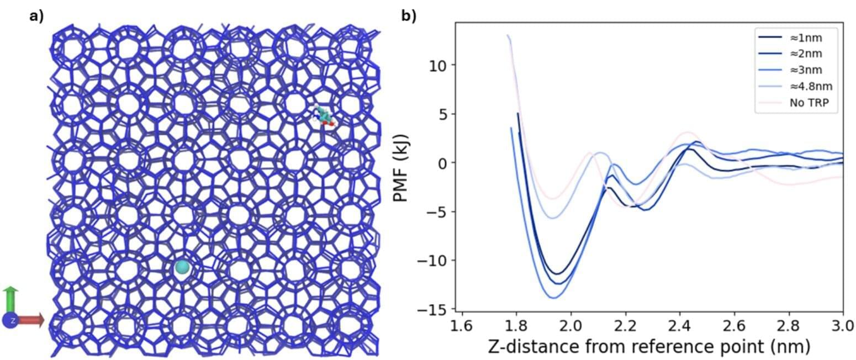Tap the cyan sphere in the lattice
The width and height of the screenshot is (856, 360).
pos(182,268)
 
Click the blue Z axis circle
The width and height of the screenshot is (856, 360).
pos(11,320)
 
